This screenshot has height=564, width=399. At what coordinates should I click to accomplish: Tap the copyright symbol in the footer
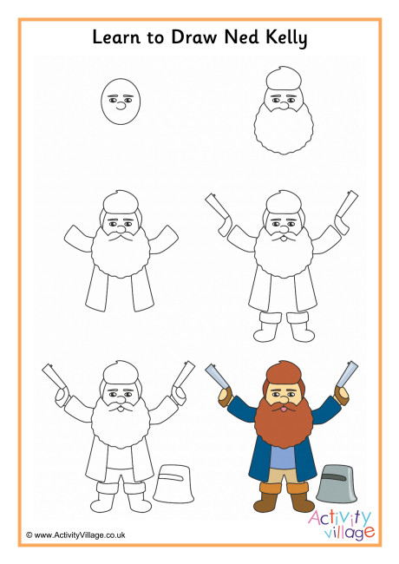29,535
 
